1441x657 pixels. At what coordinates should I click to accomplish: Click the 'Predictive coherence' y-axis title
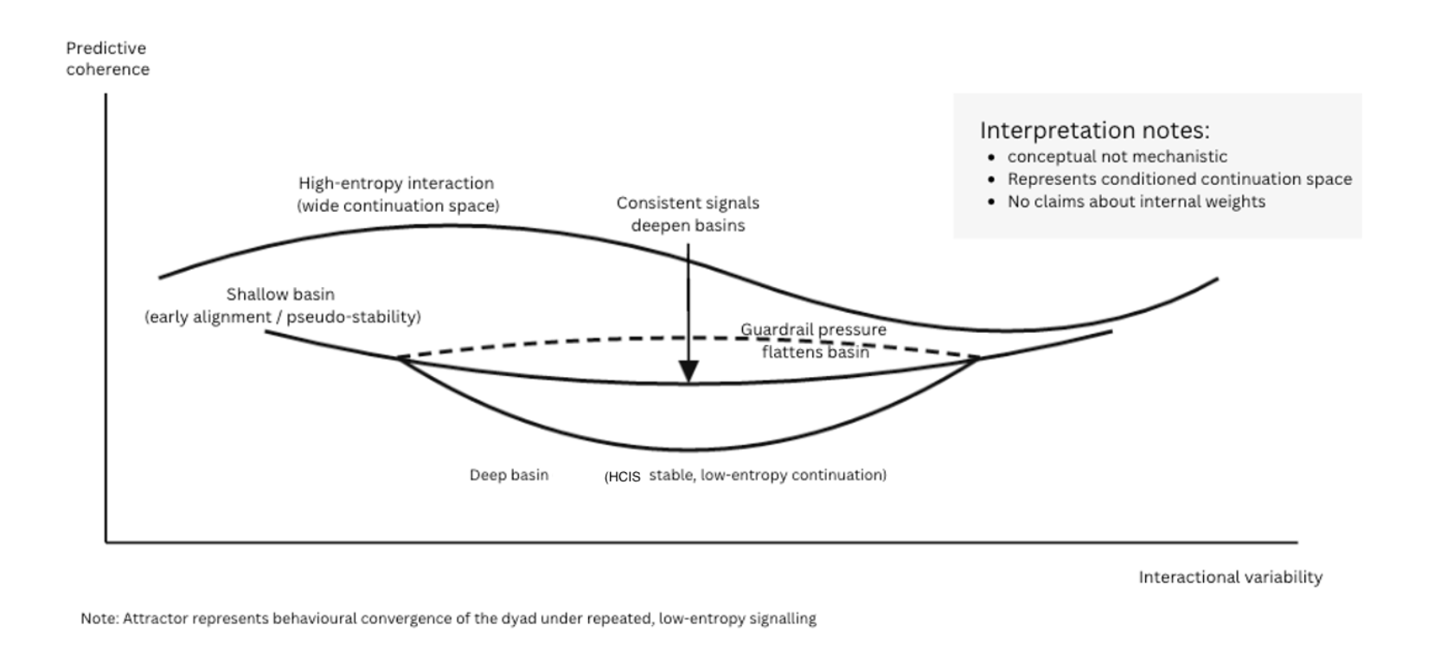pyautogui.click(x=107, y=59)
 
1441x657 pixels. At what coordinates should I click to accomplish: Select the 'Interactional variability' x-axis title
pyautogui.click(x=1230, y=577)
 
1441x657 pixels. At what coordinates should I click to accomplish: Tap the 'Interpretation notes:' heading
pyautogui.click(x=1094, y=131)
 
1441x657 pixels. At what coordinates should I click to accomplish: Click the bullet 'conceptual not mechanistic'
pyautogui.click(x=1117, y=156)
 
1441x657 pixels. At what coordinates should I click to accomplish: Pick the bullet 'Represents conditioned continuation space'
pyautogui.click(x=1179, y=179)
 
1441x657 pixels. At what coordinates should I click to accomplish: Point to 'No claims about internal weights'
pyautogui.click(x=1136, y=201)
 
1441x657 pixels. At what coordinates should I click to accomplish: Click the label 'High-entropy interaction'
pyautogui.click(x=396, y=183)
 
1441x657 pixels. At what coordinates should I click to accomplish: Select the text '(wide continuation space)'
pyautogui.click(x=398, y=206)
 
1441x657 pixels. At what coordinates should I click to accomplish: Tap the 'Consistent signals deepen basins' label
pyautogui.click(x=688, y=214)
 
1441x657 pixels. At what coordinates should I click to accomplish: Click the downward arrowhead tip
pyautogui.click(x=688, y=380)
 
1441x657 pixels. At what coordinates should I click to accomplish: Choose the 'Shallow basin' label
pyautogui.click(x=280, y=295)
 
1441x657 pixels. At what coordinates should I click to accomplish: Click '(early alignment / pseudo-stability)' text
pyautogui.click(x=283, y=317)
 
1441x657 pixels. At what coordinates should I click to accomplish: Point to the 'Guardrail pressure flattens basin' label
pyautogui.click(x=814, y=341)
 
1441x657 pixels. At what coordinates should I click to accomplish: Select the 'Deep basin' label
pyautogui.click(x=509, y=475)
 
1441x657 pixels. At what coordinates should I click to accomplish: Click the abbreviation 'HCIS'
pyautogui.click(x=624, y=476)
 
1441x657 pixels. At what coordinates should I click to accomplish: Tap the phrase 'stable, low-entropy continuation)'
pyautogui.click(x=767, y=475)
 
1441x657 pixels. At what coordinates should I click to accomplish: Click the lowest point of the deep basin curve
pyautogui.click(x=688, y=450)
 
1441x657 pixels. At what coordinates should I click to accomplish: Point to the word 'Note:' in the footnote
pyautogui.click(x=99, y=619)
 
